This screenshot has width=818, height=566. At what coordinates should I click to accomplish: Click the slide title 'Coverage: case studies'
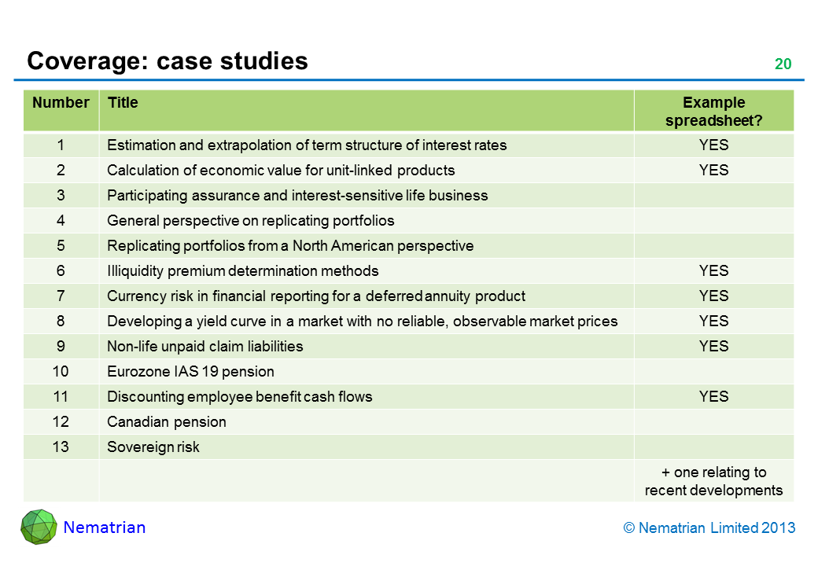coord(167,61)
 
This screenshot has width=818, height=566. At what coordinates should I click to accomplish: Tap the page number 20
coord(783,64)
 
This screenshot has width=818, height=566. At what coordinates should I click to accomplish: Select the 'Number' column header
coord(61,103)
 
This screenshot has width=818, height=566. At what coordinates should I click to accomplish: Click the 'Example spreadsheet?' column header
coord(713,112)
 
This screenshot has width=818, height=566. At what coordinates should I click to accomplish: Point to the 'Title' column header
coord(123,103)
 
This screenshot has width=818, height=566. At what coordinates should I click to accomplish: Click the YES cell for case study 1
coord(713,145)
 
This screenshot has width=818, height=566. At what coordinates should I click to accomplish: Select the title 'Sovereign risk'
coord(153,447)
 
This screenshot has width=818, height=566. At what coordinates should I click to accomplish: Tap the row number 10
coord(61,372)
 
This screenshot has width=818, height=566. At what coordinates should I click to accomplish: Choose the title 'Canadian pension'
coord(167,422)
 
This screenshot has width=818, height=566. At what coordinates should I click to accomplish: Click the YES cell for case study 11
coord(713,397)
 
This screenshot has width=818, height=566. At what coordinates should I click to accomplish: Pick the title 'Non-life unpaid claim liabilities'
coord(204,347)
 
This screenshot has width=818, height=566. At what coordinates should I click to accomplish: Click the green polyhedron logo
coord(39,527)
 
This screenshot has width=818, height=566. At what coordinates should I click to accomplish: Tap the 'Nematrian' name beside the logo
coord(105,527)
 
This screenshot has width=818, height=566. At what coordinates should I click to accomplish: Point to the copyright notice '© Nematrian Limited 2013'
coord(709,528)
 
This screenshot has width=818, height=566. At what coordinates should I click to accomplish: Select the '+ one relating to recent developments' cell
coord(713,481)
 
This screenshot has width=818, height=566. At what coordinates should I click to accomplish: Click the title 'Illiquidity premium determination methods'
coord(242,271)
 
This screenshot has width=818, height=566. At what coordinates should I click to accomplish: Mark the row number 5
coord(61,246)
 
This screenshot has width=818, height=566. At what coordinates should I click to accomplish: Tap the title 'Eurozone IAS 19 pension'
coord(190,372)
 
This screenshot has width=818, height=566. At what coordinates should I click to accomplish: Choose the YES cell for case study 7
coord(713,296)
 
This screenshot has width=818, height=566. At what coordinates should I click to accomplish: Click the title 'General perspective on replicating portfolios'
coord(250,221)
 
